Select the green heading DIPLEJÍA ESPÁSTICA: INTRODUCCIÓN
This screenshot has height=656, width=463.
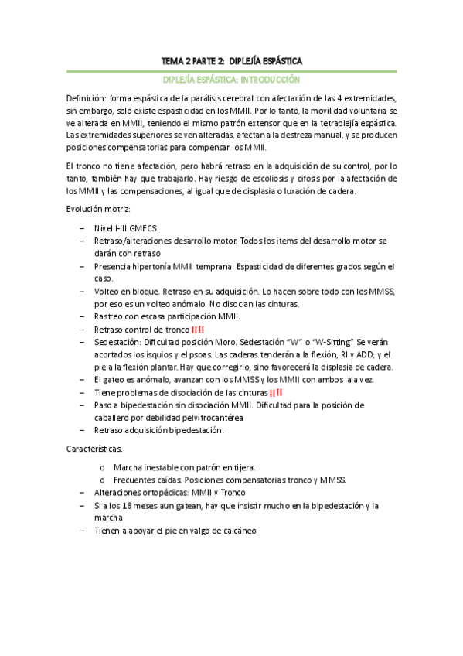pos(232,80)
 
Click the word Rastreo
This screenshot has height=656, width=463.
pos(111,316)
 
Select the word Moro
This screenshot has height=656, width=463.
pos(254,341)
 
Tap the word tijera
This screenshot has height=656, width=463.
pos(242,467)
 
